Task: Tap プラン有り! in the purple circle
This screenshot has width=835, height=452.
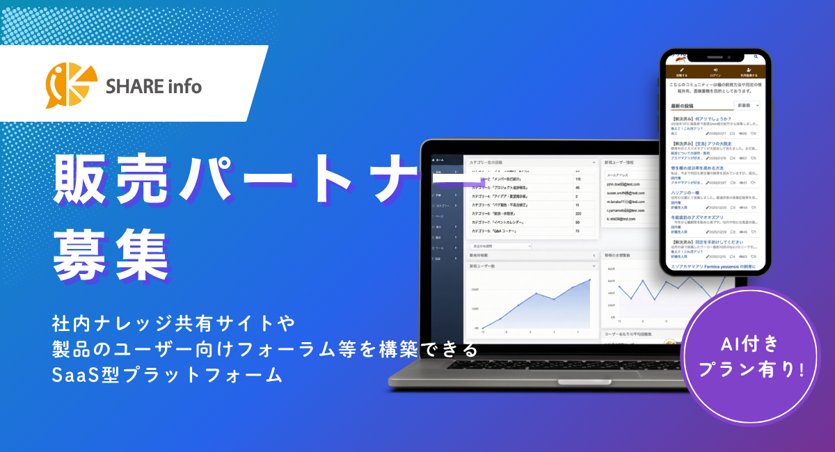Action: coord(751,369)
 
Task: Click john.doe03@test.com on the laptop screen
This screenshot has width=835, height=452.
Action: coord(627,184)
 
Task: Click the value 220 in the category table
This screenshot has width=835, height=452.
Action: coord(578,213)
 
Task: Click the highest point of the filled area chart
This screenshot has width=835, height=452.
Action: coord(589,280)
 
